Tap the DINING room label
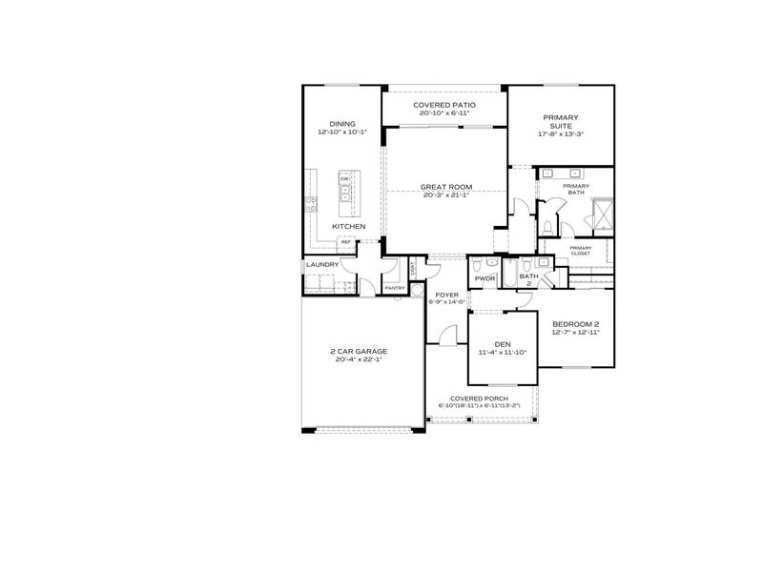pyautogui.click(x=342, y=124)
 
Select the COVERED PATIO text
pyautogui.click(x=444, y=105)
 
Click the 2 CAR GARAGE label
pyautogui.click(x=360, y=351)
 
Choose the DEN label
pyautogui.click(x=503, y=344)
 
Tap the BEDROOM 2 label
pyautogui.click(x=575, y=324)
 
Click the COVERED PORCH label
pyautogui.click(x=473, y=398)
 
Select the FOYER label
pyautogui.click(x=447, y=295)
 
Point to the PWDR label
pyautogui.click(x=486, y=279)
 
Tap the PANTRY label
pyautogui.click(x=394, y=288)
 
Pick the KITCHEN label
pyautogui.click(x=349, y=226)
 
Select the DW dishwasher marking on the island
pyautogui.click(x=343, y=178)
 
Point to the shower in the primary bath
pyautogui.click(x=601, y=214)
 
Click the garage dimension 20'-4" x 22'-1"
pyautogui.click(x=360, y=359)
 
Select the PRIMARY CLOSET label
pyautogui.click(x=580, y=252)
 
